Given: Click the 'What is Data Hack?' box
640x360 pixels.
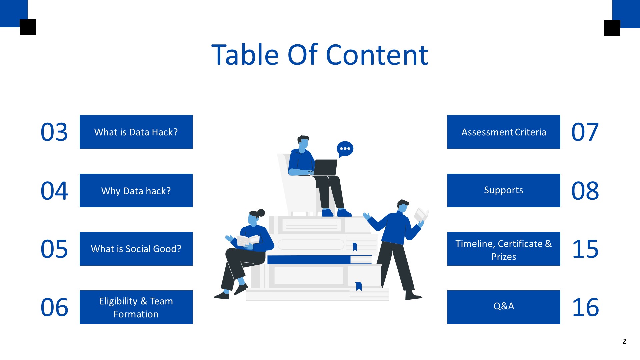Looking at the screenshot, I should coord(136,132).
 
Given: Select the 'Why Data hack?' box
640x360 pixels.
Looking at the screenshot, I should coord(136,191).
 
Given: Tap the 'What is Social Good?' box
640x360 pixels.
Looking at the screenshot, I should coord(136,249).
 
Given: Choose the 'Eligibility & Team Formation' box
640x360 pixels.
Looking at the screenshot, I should coord(136,307).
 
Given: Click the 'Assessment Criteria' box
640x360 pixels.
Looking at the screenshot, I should coord(504,132).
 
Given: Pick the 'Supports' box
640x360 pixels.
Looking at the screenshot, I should coord(504,191).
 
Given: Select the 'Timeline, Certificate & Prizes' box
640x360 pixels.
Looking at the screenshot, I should coord(504,249).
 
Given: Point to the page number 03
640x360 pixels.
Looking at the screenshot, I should coord(54,132).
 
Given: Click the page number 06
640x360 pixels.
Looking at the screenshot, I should coord(54,308).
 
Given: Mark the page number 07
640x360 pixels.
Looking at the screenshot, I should coord(585,132).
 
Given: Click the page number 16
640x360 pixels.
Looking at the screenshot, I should coord(585,308).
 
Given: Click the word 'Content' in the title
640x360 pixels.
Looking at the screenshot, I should coord(377,55).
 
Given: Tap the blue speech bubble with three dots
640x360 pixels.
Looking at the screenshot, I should coord(345,149).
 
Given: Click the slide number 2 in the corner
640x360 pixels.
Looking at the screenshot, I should coord(624,341).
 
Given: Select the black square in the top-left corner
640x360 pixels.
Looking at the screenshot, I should coord(28,27).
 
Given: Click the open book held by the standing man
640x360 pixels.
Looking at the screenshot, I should coord(421,214).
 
